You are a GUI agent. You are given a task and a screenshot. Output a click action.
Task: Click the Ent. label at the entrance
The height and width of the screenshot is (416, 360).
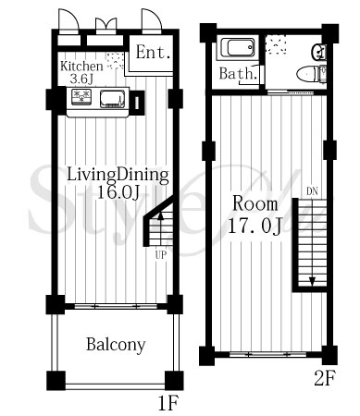tap(153, 53)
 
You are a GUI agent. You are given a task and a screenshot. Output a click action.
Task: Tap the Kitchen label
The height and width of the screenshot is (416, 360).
tap(81, 67)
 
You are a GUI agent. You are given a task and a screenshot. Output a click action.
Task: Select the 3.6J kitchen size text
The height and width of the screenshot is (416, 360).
tap(81, 79)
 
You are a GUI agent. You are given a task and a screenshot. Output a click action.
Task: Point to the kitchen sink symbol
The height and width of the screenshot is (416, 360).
tap(112, 99)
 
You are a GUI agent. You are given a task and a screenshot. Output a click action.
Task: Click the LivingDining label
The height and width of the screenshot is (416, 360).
tap(118, 176)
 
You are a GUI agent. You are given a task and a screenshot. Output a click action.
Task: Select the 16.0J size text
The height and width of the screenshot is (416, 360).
tap(118, 192)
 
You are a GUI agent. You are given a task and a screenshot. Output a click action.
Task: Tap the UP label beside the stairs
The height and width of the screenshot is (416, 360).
tap(161, 255)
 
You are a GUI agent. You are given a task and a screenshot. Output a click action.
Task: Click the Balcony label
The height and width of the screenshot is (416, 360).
tap(116, 345)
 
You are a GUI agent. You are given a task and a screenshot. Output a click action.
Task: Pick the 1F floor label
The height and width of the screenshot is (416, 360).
tap(168, 403)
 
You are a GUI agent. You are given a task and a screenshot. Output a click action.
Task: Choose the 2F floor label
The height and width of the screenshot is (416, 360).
tap(325, 378)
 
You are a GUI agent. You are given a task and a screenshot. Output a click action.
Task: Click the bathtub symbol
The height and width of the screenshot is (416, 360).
tap(238, 48)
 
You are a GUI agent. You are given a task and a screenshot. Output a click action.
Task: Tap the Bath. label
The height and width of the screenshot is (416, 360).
tap(238, 74)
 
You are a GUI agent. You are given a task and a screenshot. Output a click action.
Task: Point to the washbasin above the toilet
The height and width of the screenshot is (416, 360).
tap(319, 52)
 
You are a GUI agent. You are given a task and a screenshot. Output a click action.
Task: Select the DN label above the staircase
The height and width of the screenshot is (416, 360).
tap(312, 191)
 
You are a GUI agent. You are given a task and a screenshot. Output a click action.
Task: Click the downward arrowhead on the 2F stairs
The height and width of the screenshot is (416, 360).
tap(312, 281)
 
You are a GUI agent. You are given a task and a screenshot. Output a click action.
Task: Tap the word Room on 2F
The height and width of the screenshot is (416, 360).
tap(255, 204)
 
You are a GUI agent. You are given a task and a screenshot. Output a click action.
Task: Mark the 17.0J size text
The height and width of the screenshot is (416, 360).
tap(254, 226)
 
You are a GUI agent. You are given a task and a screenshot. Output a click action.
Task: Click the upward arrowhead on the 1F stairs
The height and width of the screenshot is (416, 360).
tap(160, 215)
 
